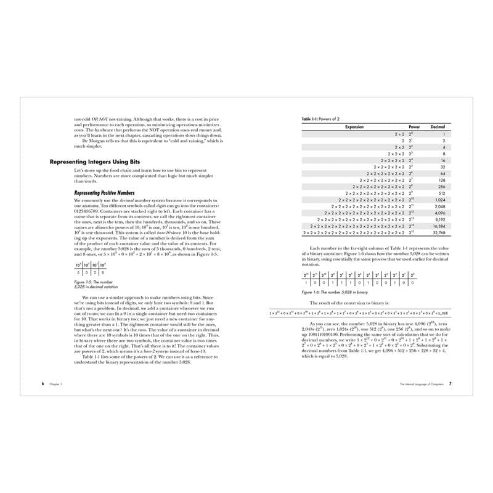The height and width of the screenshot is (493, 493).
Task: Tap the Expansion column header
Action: [354, 127]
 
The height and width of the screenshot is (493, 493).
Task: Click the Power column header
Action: [414, 127]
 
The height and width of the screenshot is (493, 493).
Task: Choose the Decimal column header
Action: [438, 127]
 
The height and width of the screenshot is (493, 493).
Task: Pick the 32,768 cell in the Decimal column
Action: [438, 234]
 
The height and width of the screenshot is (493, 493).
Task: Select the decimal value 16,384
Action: [438, 226]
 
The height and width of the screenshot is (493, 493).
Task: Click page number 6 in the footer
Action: [43, 383]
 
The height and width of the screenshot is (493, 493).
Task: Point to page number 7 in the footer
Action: [450, 383]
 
